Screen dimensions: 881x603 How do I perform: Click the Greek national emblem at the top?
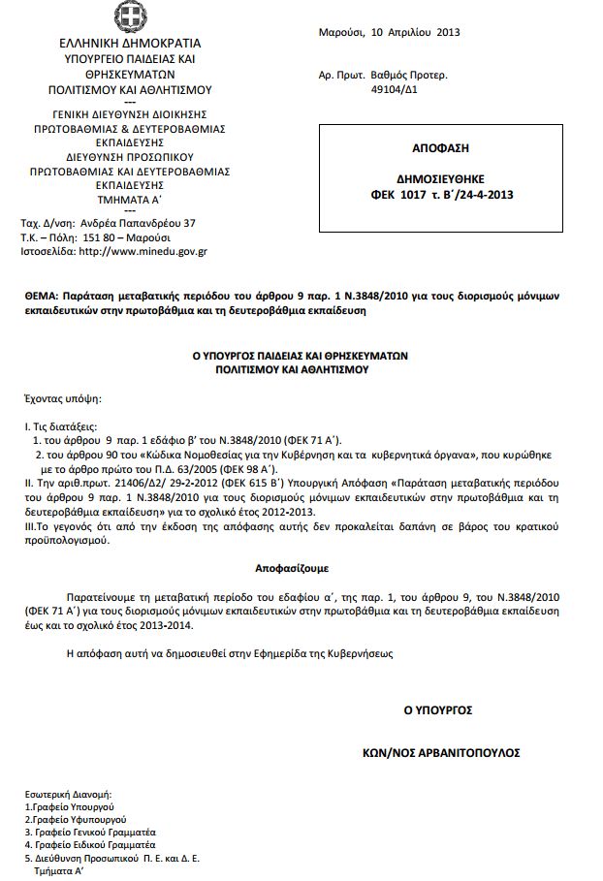pyautogui.click(x=128, y=17)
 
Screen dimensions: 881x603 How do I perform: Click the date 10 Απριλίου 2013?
pyautogui.click(x=416, y=32)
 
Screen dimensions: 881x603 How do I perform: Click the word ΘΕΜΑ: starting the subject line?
pyautogui.click(x=41, y=294)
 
